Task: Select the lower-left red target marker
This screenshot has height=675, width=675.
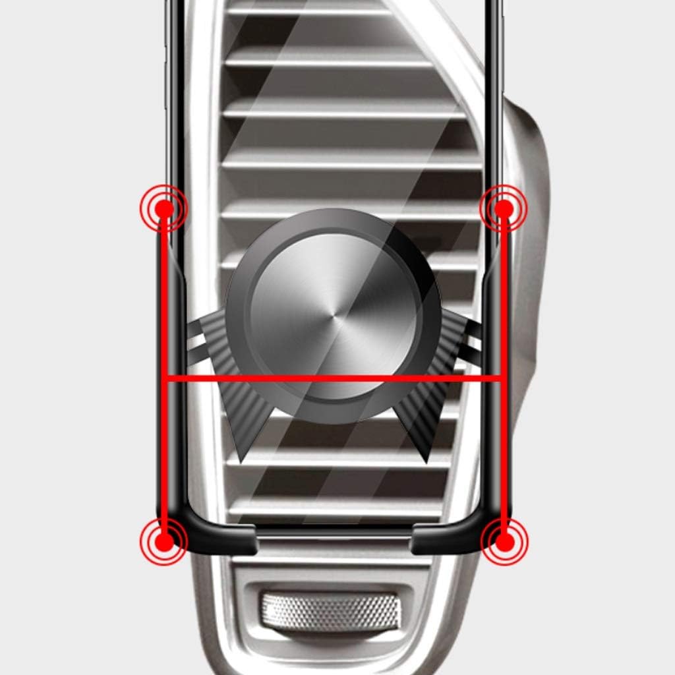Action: (x=164, y=542)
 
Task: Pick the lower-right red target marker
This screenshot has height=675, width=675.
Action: (x=504, y=542)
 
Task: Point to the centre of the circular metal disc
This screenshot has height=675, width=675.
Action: (x=333, y=316)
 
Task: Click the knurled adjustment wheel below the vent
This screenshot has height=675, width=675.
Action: (x=330, y=609)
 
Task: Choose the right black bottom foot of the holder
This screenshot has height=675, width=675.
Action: (x=448, y=538)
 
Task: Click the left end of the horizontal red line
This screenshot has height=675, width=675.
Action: (x=165, y=378)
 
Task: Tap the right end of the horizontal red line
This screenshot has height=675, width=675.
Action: (x=502, y=378)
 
